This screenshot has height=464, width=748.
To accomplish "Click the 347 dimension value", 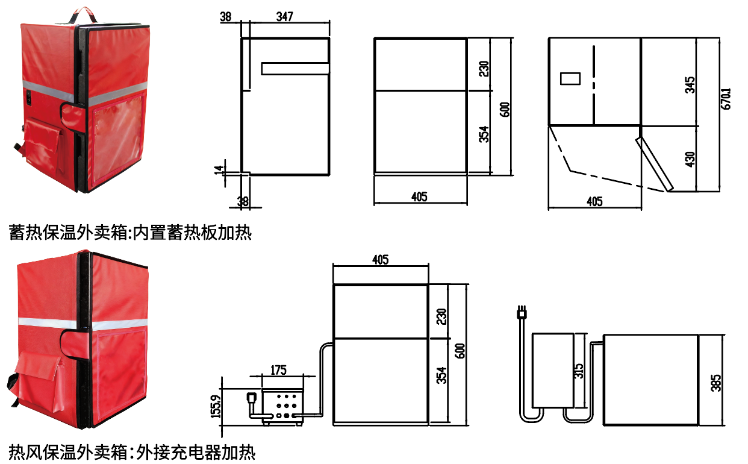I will click(285, 17).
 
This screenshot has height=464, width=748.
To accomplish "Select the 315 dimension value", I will click(579, 369).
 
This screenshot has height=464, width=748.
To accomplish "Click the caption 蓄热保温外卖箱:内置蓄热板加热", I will click(130, 232).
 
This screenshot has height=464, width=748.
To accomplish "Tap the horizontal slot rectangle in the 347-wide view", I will click(295, 69).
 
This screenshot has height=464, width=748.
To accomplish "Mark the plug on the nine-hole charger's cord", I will click(251, 398).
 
